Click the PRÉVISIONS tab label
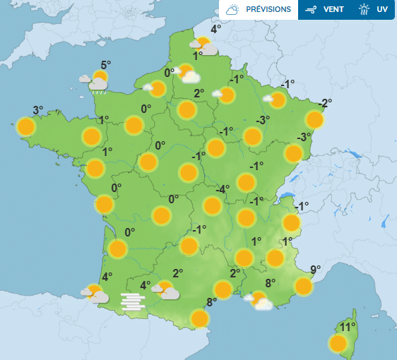(x=268, y=10)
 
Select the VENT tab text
(x=333, y=10)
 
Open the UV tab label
(x=382, y=10)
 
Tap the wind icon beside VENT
(x=310, y=10)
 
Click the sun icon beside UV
(x=364, y=10)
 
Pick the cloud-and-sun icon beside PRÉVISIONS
(x=232, y=10)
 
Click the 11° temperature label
(x=346, y=327)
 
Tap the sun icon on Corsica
(x=338, y=344)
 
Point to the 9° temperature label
(x=316, y=269)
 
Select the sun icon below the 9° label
(x=304, y=286)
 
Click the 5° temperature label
(x=106, y=65)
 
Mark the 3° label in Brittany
(x=38, y=109)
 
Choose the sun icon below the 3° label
(x=26, y=127)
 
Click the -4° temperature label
(x=223, y=189)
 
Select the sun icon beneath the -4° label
(x=212, y=206)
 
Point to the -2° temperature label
(x=325, y=103)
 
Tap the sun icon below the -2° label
(x=314, y=120)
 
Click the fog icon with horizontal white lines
(x=133, y=301)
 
